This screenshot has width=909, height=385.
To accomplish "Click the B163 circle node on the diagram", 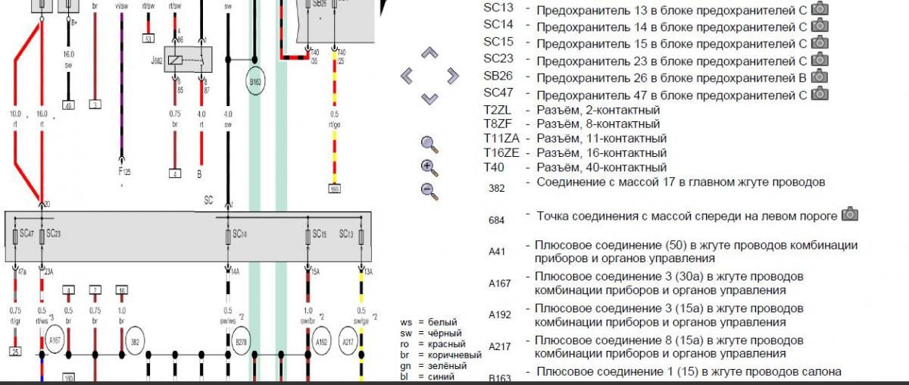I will coord(255,80).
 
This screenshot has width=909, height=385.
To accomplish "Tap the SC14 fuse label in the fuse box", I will coord(240,234).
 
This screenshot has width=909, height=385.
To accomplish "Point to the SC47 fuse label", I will coord(27,234).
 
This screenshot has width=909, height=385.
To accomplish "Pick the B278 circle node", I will coord(241,342).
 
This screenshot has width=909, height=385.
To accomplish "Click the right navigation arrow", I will coord(453,75).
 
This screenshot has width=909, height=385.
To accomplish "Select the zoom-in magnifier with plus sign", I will coord(430,167).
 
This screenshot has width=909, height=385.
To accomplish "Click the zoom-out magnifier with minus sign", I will coord(430,191).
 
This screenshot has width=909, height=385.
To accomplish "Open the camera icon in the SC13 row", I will coord(819,9).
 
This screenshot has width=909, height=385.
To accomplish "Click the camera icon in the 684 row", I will coord(850,215).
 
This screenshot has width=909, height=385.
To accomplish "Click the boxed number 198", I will coord(334,187).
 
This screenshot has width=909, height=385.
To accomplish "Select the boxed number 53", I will coord(148,38).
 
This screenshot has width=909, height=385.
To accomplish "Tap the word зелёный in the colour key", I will coord(445,366).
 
